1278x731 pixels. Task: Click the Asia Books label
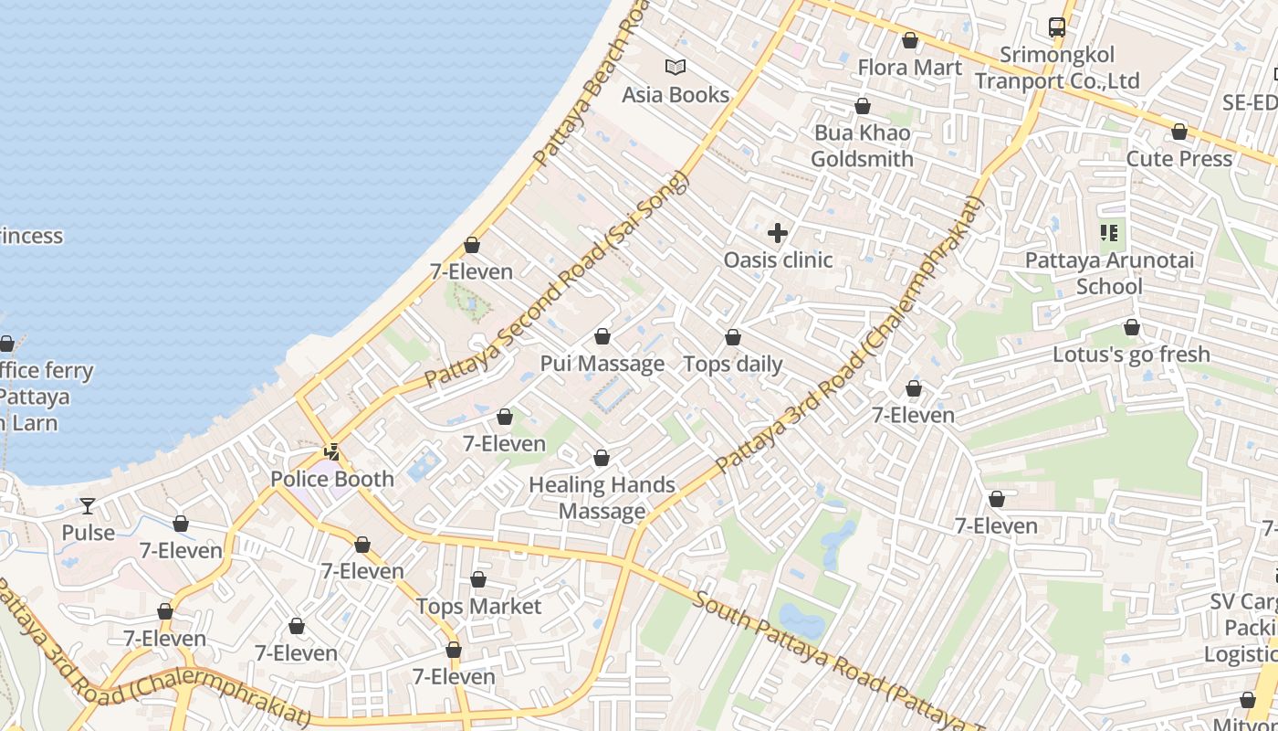[676, 94]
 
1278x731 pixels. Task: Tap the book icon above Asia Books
[676, 67]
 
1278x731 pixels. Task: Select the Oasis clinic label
[778, 260]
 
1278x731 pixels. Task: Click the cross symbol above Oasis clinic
[778, 233]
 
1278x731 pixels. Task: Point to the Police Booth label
[332, 479]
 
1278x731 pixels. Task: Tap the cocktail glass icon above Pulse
[88, 505]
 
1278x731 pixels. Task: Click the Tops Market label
[478, 607]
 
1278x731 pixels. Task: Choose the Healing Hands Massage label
[602, 498]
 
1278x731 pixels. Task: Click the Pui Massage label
[602, 364]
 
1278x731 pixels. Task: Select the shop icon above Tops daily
[733, 338]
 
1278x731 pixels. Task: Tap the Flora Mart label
[909, 68]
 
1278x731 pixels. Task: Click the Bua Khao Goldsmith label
[862, 146]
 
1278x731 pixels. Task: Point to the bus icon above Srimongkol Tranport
[1057, 27]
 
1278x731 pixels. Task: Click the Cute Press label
[1178, 159]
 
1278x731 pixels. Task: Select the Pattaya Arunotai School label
[1109, 273]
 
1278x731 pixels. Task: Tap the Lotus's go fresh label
[1131, 355]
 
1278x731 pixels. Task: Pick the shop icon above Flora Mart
[909, 40]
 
